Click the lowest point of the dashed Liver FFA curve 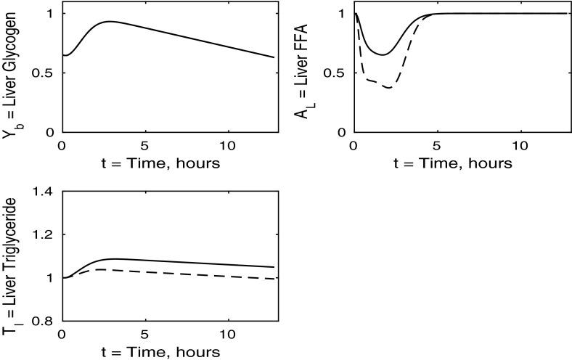[389, 88]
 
